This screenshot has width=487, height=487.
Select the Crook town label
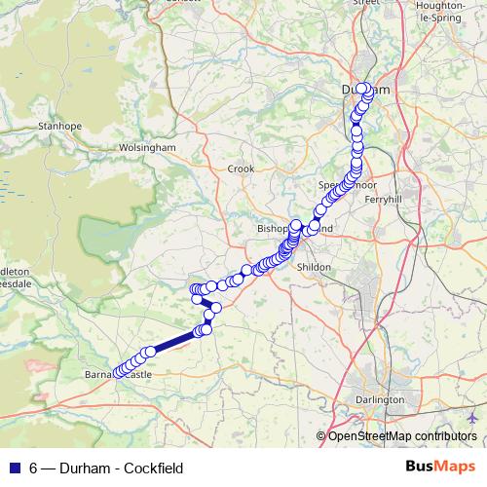240,169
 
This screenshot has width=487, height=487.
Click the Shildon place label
314,266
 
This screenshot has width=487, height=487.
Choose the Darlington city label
380,400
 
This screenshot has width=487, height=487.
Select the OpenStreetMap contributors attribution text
401,436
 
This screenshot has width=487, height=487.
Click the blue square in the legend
14,468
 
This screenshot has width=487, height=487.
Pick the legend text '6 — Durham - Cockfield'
106,468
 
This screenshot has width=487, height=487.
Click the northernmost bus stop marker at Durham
362,89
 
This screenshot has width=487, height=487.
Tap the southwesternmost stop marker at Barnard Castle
119,373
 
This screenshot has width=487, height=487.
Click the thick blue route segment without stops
175,341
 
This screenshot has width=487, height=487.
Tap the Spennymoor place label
341,183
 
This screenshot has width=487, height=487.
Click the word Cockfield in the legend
155,468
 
